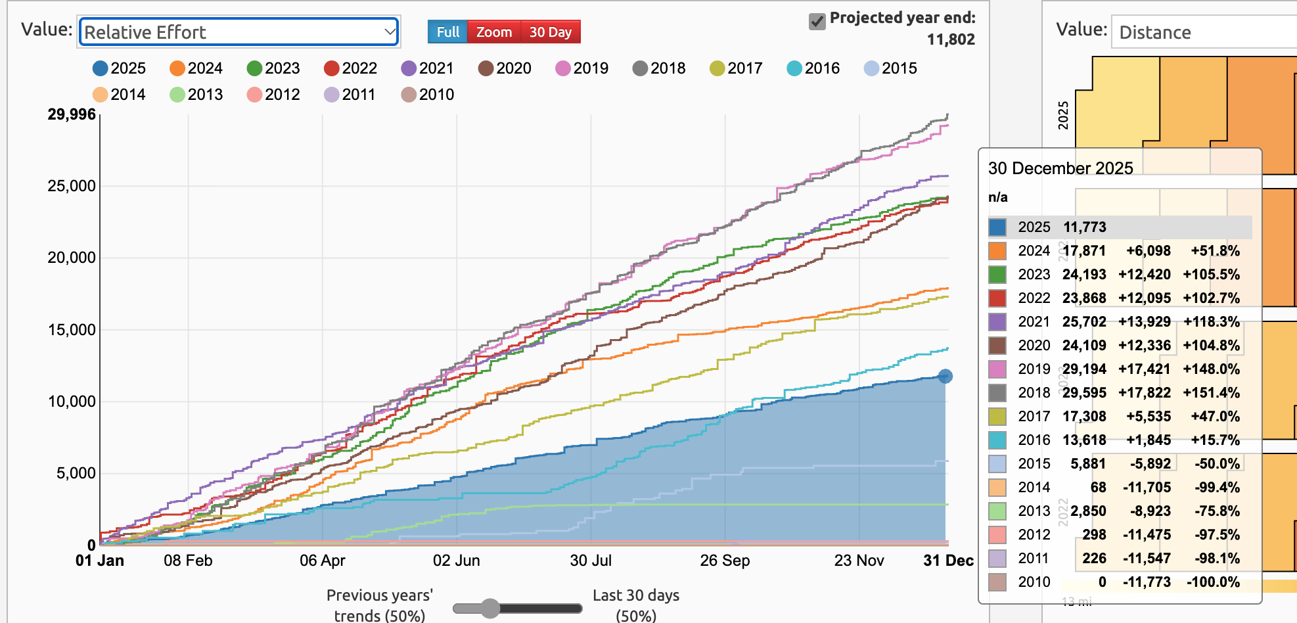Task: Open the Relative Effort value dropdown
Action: (x=239, y=32)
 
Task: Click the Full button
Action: (x=447, y=32)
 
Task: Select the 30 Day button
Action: (x=550, y=32)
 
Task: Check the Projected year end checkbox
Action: (x=817, y=22)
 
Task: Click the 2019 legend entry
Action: (x=582, y=68)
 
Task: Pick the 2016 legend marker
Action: (x=794, y=68)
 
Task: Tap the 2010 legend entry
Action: (x=428, y=95)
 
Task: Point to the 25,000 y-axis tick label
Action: (x=72, y=186)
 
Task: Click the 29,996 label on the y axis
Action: (x=72, y=114)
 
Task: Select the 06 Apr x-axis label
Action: (x=322, y=561)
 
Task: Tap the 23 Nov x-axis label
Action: (x=859, y=561)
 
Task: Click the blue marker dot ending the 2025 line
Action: (x=945, y=377)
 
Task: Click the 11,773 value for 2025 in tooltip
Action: (x=1085, y=227)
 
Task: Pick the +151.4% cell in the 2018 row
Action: (x=1211, y=393)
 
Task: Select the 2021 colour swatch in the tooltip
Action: (x=997, y=322)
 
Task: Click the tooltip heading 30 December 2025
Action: (x=1060, y=168)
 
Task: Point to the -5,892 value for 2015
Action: (x=1150, y=464)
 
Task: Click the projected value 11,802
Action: (x=951, y=39)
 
